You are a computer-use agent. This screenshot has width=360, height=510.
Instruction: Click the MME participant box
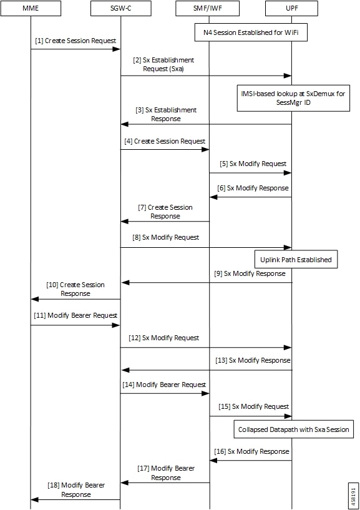(x=31, y=9)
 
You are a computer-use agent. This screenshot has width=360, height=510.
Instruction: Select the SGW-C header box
(x=120, y=9)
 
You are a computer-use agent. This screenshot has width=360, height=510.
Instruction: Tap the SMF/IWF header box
(x=209, y=9)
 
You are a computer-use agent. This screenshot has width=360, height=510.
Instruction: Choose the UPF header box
(x=291, y=9)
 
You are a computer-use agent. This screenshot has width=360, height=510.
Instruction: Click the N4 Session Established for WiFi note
(x=250, y=32)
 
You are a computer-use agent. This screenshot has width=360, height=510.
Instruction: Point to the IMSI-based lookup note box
(x=291, y=97)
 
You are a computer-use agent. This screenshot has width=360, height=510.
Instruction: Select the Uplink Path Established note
(x=296, y=259)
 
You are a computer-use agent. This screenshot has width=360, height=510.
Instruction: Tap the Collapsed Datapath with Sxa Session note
(x=293, y=429)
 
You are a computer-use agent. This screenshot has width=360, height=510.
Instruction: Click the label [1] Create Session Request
(x=75, y=41)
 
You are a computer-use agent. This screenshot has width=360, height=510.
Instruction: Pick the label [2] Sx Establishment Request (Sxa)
(x=163, y=64)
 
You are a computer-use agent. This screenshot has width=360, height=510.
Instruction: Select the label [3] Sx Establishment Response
(x=166, y=114)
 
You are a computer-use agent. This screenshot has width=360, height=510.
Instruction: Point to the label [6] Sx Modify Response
(x=253, y=188)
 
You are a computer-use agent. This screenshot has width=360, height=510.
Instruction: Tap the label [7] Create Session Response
(x=165, y=212)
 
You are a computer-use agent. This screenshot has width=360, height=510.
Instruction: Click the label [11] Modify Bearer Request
(x=75, y=316)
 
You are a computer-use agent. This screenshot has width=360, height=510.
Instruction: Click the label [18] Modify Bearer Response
(x=76, y=489)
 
